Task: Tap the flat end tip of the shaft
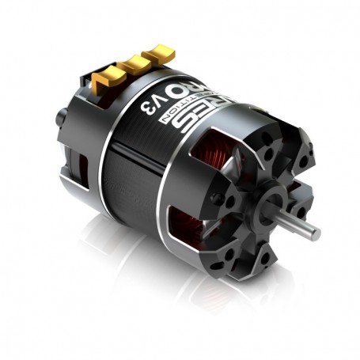coord(318,232)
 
